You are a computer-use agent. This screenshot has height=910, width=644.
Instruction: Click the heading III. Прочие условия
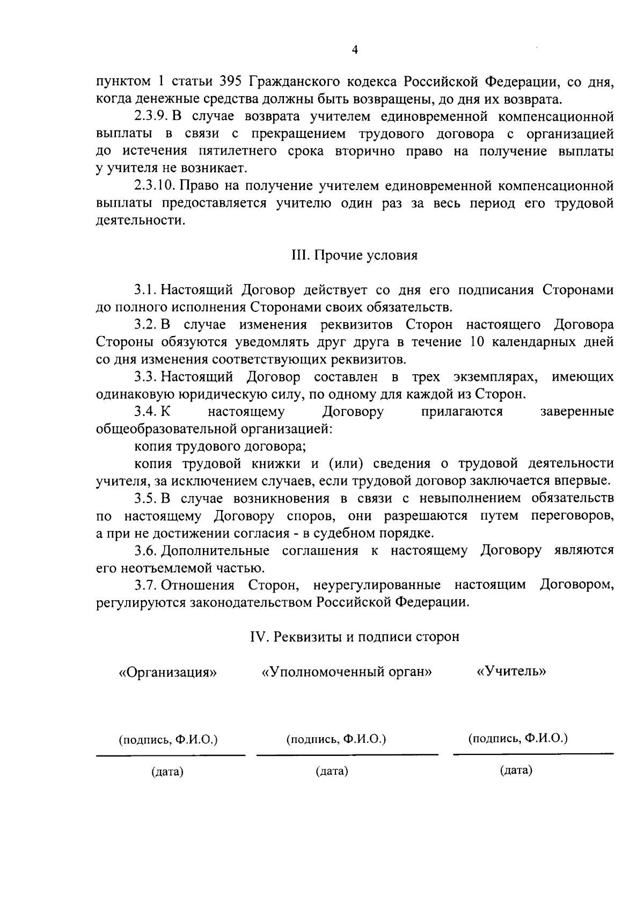point(354,256)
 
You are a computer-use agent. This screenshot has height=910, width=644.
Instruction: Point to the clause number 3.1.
point(145,290)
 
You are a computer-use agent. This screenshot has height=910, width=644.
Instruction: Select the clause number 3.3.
point(145,377)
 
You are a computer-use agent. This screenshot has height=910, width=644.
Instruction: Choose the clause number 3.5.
point(145,499)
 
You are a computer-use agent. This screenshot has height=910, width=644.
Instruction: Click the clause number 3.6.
point(145,551)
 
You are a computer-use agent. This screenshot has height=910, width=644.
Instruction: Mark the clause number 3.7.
point(145,585)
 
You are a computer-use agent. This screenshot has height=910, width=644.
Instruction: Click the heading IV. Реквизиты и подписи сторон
point(355,637)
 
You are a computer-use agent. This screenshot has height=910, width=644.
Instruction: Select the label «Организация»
point(168,672)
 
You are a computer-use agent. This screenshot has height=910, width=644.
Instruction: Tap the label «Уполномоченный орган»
point(347,672)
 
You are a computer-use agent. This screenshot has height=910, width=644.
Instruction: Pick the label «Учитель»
point(511,671)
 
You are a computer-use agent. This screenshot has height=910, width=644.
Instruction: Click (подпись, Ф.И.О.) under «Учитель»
point(518,738)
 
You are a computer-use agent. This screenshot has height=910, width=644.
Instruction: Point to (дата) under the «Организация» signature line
point(167,773)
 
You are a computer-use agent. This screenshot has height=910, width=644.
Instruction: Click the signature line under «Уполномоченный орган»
point(347,755)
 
